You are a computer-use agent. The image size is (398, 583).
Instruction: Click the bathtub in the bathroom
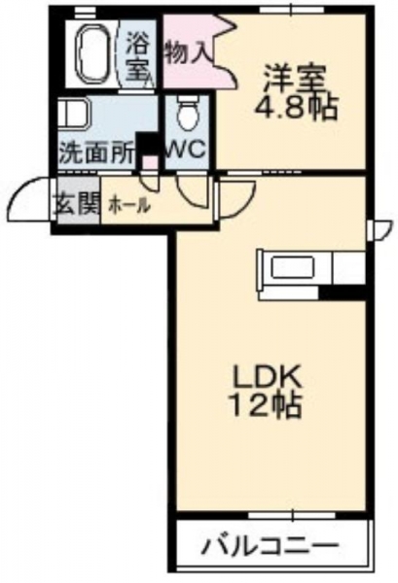93,54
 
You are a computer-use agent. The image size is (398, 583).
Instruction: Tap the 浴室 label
139,56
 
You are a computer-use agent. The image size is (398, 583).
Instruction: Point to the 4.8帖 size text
295,107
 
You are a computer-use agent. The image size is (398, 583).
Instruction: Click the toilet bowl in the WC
187,113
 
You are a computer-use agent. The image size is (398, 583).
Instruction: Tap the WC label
186,151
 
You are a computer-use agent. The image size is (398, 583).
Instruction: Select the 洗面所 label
96,154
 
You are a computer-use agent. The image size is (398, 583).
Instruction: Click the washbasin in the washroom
74,112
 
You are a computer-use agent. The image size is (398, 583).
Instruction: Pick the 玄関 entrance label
78,204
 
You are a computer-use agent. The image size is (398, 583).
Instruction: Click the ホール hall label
128,205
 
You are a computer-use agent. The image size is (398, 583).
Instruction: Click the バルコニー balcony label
270,546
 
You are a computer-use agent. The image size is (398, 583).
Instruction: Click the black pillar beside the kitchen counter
344,292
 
